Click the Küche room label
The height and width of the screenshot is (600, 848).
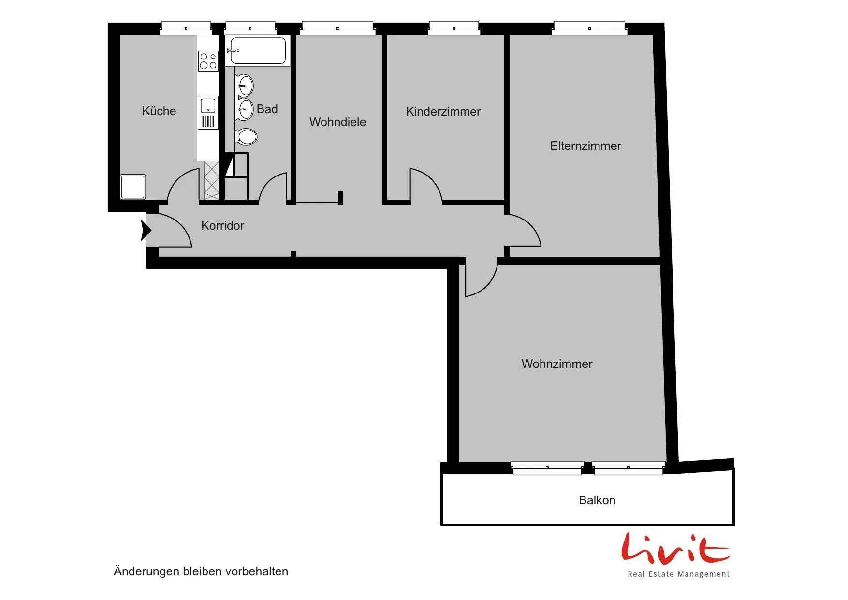(x=159, y=111)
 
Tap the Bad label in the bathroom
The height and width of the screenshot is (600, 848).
(x=267, y=109)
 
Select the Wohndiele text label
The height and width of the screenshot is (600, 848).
(x=337, y=122)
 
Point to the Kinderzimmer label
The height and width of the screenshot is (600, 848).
(x=443, y=111)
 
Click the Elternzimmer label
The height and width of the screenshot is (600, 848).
(x=585, y=146)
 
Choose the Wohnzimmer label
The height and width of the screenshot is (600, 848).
(x=557, y=364)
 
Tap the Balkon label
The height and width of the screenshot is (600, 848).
(x=597, y=500)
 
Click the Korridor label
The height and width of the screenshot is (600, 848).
(x=222, y=225)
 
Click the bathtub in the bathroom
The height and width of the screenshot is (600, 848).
(x=258, y=50)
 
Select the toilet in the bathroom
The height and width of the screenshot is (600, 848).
(x=247, y=137)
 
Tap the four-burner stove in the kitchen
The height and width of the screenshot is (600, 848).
(x=208, y=60)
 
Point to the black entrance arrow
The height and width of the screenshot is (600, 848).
(x=146, y=230)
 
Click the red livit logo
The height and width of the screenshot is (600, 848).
(x=676, y=549)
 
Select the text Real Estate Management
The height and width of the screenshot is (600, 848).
(x=678, y=574)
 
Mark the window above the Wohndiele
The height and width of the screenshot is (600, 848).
(x=337, y=28)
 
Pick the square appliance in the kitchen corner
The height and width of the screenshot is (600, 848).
(x=132, y=187)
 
